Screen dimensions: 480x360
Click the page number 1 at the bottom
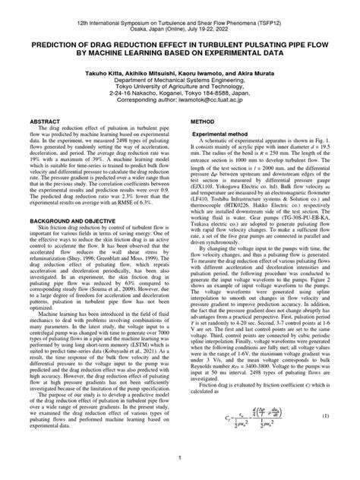click(179, 458)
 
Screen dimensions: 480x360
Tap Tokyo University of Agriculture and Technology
click(180, 87)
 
